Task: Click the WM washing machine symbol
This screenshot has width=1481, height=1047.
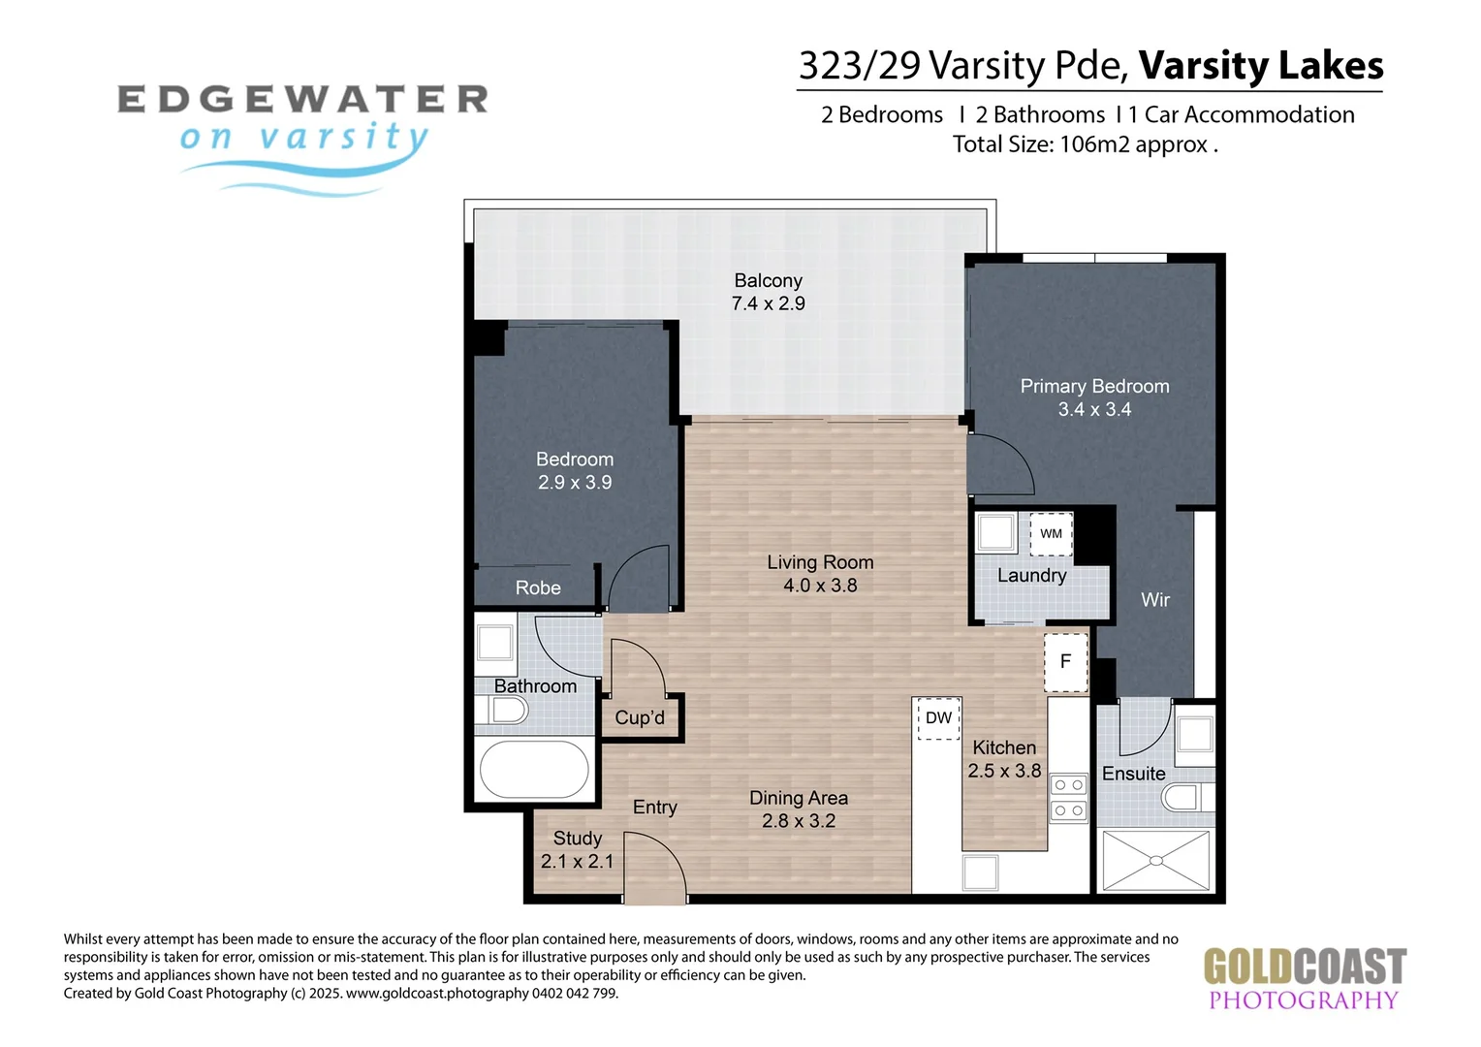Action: point(1051,533)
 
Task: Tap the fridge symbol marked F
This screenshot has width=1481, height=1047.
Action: point(1066,662)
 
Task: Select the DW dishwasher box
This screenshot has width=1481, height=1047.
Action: point(938,718)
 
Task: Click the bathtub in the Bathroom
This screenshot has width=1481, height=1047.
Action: point(534,769)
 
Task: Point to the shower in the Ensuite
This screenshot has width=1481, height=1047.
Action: point(1155,861)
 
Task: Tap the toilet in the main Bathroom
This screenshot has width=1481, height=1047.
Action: point(502,711)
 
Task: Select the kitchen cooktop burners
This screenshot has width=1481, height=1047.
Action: point(1069,798)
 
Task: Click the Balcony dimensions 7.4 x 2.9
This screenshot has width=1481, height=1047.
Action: point(769,303)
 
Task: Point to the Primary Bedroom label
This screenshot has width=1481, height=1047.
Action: point(1095,386)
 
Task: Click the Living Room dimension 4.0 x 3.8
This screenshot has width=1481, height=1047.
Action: point(821,586)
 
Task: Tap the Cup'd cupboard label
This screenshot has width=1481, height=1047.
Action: point(640,717)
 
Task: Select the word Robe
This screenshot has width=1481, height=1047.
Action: point(538,587)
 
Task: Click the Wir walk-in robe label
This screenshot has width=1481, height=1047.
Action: point(1155,600)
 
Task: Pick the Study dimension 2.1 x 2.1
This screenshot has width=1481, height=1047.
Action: point(578,861)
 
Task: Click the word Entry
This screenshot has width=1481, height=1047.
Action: point(655,808)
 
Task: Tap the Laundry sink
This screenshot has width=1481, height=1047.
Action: point(995,532)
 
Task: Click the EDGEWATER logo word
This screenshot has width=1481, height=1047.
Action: point(302,99)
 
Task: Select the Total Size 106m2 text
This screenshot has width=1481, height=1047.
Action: point(1085,144)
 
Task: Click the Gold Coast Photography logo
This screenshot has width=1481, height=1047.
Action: point(1305,979)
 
